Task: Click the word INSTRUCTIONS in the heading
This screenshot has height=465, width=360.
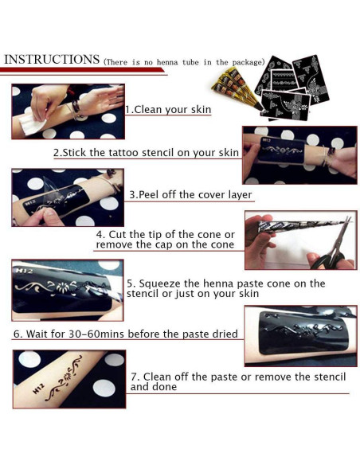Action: pyautogui.click(x=52, y=60)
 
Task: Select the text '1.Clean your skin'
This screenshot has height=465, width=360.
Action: pyautogui.click(x=168, y=109)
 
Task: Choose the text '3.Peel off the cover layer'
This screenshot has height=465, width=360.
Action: pyautogui.click(x=190, y=194)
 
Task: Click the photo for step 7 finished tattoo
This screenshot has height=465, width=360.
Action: pyautogui.click(x=68, y=379)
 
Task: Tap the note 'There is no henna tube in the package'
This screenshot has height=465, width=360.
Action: pyautogui.click(x=184, y=62)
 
